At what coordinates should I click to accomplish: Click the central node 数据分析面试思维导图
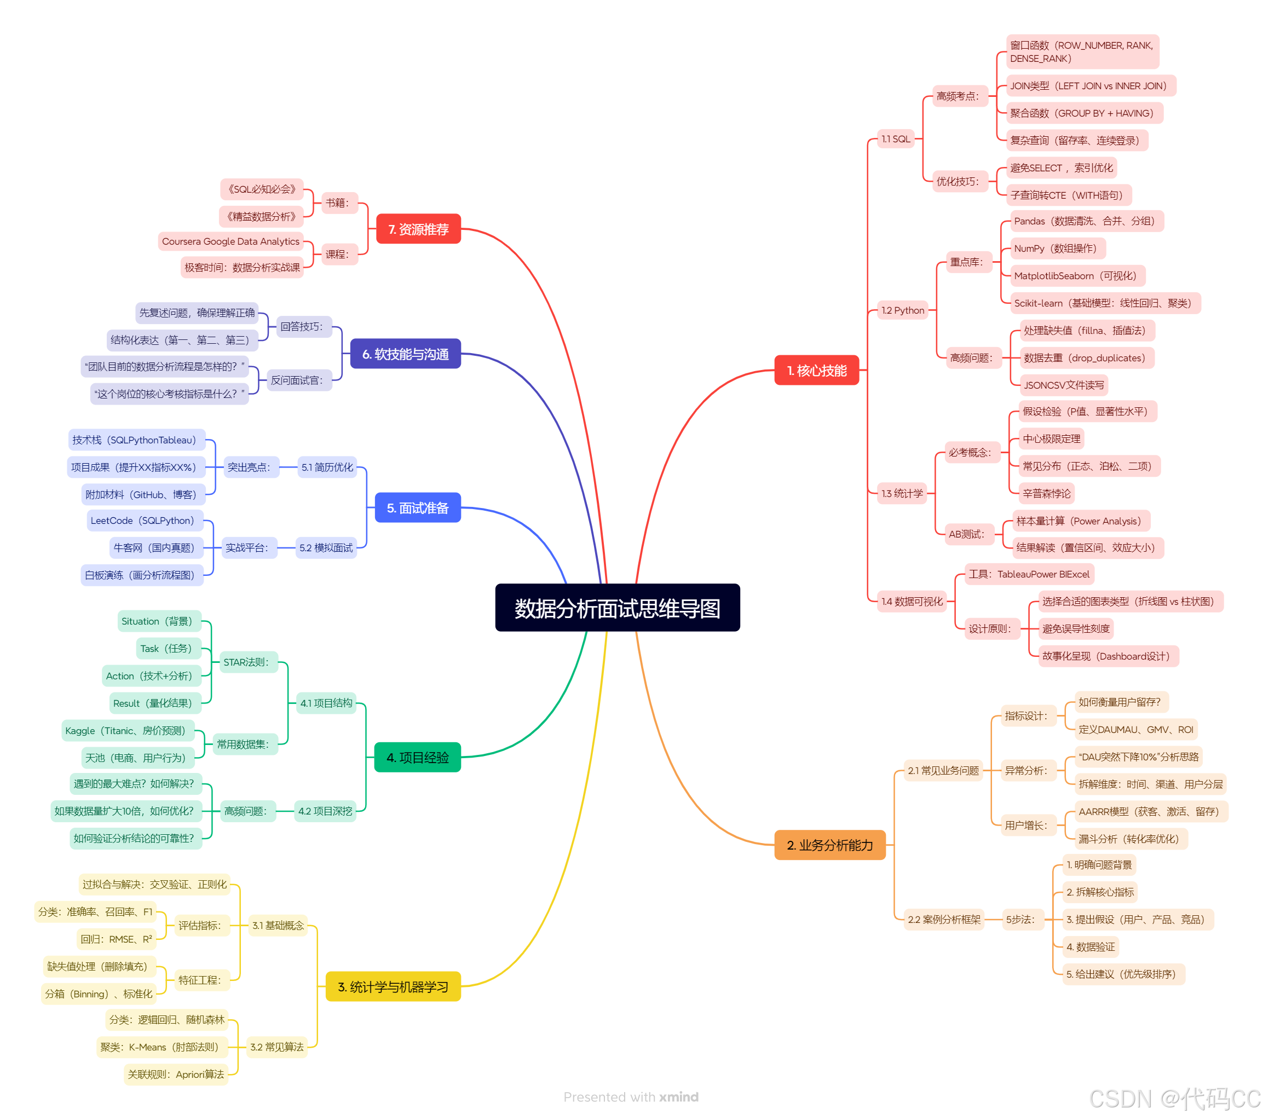[618, 608]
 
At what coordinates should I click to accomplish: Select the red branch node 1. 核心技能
[816, 371]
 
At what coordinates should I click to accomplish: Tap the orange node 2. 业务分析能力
[829, 845]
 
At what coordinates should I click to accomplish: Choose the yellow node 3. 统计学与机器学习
[393, 986]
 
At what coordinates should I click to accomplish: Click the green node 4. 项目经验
[418, 758]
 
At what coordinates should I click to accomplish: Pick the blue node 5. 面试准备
[418, 508]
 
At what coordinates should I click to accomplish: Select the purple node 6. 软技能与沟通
[405, 354]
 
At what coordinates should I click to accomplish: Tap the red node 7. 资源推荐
[418, 229]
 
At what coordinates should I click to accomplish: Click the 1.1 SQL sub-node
[895, 139]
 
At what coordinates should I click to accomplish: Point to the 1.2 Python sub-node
[903, 310]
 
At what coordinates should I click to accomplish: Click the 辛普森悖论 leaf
[1047, 494]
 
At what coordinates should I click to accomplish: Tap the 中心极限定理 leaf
[1051, 438]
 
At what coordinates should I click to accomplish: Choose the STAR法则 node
[246, 662]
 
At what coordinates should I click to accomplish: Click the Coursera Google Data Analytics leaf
[230, 241]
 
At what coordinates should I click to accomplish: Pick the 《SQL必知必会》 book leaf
[262, 189]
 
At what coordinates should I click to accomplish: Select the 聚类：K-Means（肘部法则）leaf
[159, 1047]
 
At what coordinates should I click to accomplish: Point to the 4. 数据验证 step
[1091, 947]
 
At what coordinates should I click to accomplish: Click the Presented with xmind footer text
[631, 1097]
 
